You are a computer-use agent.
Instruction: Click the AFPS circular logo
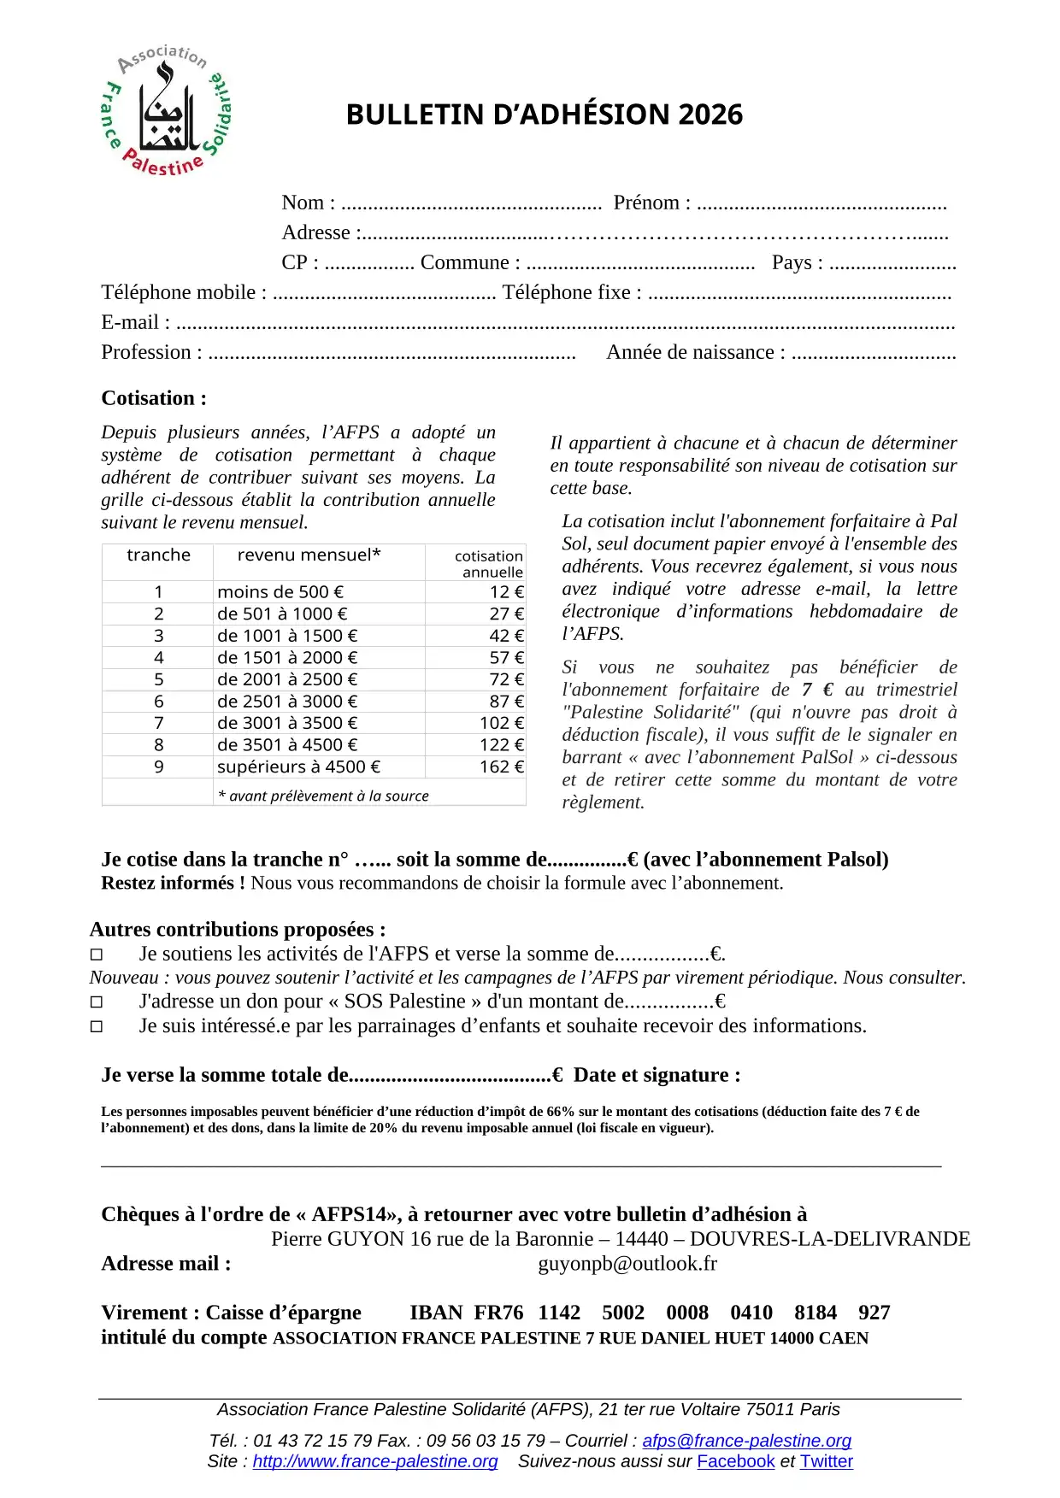pos(166,110)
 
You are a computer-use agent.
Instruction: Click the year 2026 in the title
pos(709,115)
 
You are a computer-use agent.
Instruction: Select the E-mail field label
pos(135,322)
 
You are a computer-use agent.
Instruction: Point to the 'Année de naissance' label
pos(695,352)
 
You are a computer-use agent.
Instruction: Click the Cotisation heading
pos(154,398)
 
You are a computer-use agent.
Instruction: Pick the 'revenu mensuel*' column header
pos(309,555)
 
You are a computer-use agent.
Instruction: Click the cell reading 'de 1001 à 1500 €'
pos(287,636)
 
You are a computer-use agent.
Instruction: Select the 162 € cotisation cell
pos(502,767)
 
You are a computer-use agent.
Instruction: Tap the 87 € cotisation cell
pos(507,702)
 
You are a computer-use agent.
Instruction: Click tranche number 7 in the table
pos(158,723)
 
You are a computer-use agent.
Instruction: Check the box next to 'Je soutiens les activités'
pos(97,955)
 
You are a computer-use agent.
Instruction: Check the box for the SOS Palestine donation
pos(97,1002)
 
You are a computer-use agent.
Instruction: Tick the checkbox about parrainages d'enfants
pos(97,1026)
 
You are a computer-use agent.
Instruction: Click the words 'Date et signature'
pos(657,1075)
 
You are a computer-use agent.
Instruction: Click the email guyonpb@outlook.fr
pos(627,1264)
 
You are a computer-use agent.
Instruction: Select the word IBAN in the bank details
pos(436,1313)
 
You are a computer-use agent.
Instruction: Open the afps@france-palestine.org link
pos(746,1441)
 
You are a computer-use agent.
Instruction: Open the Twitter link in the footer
pos(826,1462)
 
